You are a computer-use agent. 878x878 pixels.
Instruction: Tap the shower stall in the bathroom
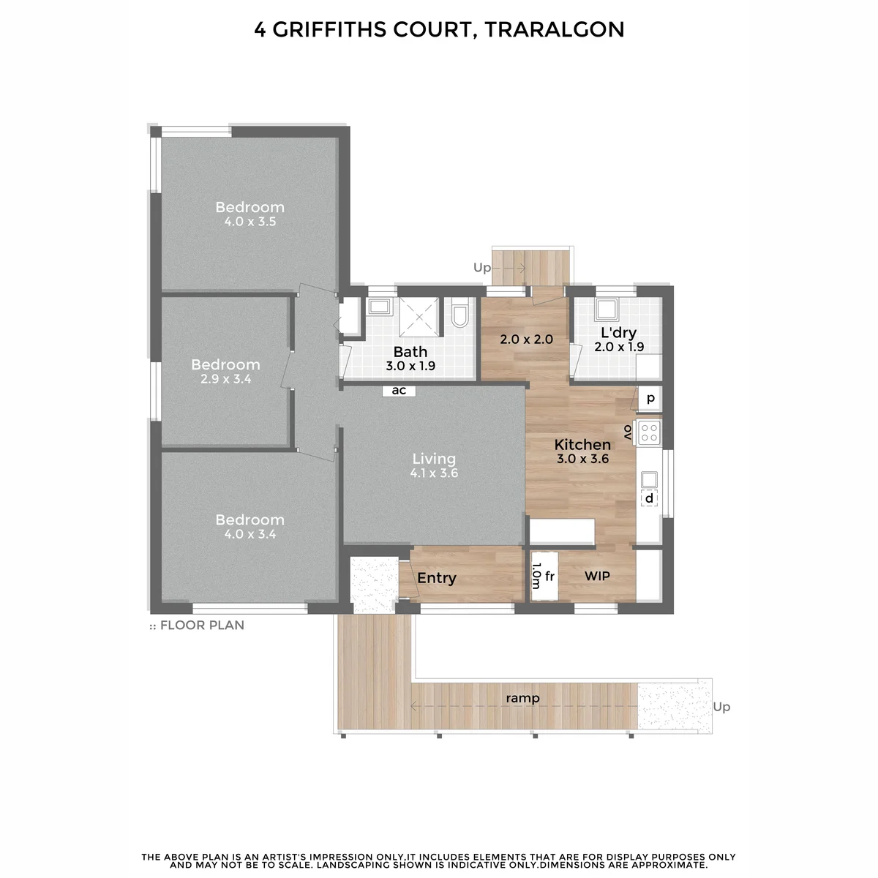point(419,317)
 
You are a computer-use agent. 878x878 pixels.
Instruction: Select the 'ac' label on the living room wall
point(399,391)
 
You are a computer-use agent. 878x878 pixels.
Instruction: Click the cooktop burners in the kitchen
point(649,432)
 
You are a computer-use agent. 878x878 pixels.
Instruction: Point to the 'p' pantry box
point(650,399)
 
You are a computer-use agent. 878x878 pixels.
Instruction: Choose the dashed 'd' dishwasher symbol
point(649,498)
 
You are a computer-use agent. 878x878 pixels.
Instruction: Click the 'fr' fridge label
point(549,576)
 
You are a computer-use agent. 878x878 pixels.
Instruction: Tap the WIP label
point(597,576)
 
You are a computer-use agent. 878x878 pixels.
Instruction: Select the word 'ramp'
point(522,698)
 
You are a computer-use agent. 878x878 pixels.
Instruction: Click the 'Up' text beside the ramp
point(721,707)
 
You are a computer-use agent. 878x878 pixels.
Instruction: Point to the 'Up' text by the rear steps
point(482,268)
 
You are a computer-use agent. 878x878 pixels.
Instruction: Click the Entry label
point(437,578)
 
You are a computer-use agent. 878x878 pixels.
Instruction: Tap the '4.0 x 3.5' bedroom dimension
point(250,222)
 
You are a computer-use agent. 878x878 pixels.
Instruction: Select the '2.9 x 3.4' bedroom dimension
point(226,378)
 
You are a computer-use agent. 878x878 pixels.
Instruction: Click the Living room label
point(434,459)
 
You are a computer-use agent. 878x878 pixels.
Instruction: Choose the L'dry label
point(618,333)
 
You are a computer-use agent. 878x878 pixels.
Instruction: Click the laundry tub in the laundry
point(607,309)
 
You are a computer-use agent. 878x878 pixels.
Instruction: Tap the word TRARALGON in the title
point(555,29)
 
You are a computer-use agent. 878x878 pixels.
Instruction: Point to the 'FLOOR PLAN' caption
point(202,625)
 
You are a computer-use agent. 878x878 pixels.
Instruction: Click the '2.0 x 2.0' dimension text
point(526,339)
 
